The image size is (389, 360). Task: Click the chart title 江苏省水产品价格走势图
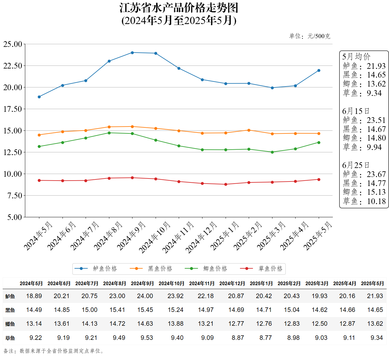coord(179,8)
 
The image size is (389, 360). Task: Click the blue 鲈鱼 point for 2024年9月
coord(132,53)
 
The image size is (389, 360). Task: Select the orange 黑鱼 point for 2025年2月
coord(249,130)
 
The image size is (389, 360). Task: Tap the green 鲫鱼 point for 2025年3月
coord(272,152)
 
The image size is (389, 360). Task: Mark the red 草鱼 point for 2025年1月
coord(226,184)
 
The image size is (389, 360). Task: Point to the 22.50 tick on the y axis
coord(13,66)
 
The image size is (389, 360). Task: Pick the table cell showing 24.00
coord(145,296)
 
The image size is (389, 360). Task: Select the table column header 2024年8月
coord(114,283)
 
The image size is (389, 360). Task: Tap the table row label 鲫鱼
coord(10,324)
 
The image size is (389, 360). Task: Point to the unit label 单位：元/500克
coord(309,36)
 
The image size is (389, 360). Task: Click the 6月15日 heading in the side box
coord(356,111)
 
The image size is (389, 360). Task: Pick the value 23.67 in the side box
coord(376,174)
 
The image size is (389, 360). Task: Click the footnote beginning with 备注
coord(54,351)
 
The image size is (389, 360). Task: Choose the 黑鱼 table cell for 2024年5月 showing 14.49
coord(34,310)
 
